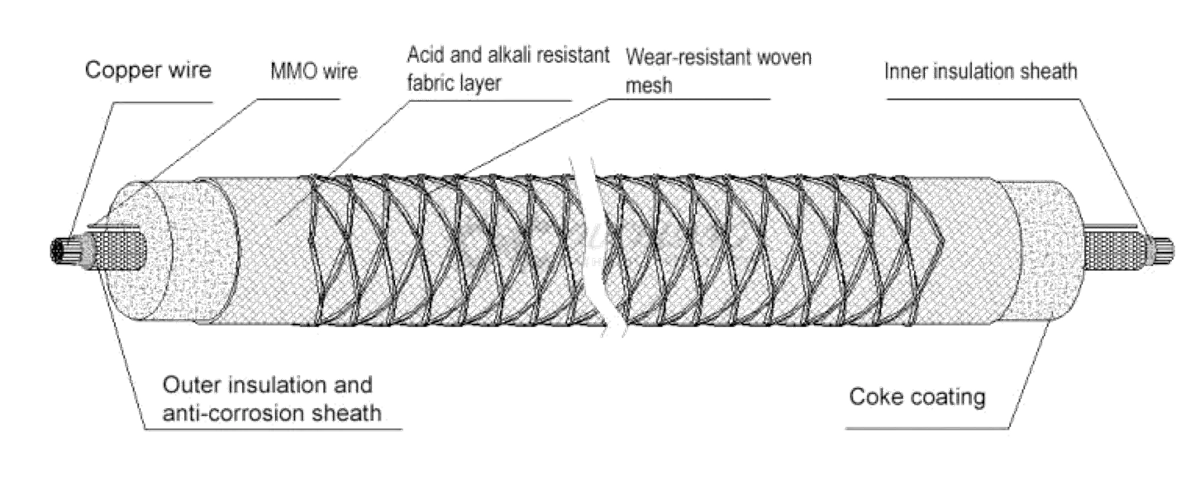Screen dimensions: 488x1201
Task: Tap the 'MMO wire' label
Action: pos(314,73)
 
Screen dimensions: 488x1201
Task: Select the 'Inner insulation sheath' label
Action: pos(980,72)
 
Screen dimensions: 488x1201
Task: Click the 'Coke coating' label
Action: pos(917,397)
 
